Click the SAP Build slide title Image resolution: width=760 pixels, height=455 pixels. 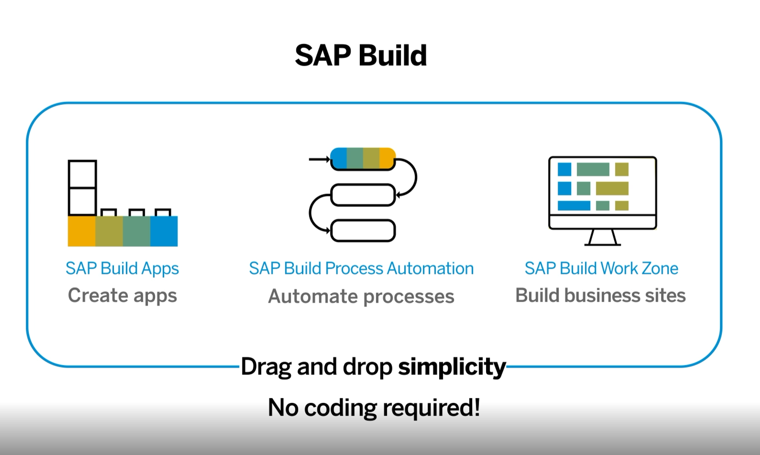pos(361,55)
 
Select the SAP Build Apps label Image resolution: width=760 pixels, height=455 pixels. pos(122,269)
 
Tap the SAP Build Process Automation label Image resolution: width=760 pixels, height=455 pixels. pos(361,269)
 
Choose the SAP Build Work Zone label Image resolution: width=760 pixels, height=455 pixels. pos(601,269)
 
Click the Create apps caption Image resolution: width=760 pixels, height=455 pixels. pos(122,296)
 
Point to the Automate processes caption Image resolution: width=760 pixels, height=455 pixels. pos(361,297)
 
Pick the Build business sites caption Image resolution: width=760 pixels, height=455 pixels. pos(600,296)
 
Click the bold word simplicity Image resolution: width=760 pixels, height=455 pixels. pos(452,367)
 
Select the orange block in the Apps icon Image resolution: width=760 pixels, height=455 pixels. pos(81,231)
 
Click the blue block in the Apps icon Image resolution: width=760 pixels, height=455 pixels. pos(164,231)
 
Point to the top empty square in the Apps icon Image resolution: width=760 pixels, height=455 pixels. pos(82,174)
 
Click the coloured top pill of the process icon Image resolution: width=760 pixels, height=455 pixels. pos(363,158)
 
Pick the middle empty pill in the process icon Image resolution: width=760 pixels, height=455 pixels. pos(363,195)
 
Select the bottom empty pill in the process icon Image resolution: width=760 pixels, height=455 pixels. pos(363,231)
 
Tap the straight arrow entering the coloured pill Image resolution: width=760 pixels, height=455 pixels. pos(319,159)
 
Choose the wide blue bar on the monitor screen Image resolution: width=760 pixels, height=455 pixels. pos(574,206)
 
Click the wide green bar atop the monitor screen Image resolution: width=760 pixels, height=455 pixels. pos(593,169)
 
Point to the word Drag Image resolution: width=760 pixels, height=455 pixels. pos(266,367)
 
